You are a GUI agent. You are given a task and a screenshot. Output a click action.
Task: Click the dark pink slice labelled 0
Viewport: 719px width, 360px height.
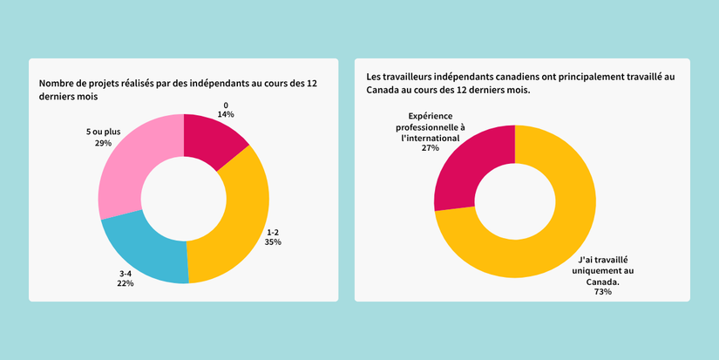210,142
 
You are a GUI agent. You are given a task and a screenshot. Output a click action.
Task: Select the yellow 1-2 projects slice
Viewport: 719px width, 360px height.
243,227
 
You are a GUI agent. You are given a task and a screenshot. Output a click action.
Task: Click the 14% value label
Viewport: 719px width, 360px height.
226,114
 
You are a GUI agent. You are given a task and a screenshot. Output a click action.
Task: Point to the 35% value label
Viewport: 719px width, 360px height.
273,242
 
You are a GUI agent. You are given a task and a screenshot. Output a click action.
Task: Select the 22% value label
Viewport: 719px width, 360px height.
125,284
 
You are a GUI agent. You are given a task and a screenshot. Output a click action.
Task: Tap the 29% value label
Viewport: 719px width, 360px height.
103,143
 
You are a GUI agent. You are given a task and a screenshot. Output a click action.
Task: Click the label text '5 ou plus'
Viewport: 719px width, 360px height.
103,132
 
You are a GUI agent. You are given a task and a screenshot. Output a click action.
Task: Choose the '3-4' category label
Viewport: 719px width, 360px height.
125,274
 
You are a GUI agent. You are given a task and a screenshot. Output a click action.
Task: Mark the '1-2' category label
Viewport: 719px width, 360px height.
273,232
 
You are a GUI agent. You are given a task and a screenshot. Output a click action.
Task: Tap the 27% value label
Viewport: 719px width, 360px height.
430,148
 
